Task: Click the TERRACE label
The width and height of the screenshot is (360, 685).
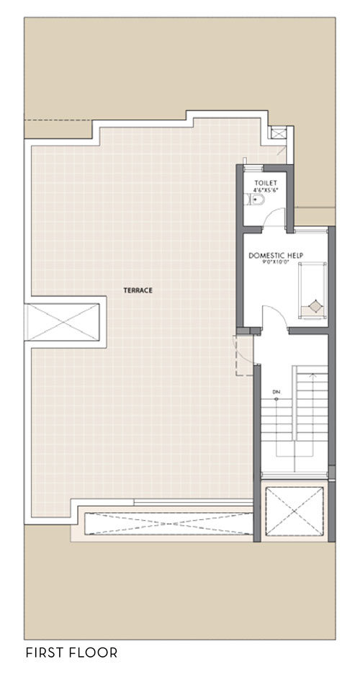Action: point(138,290)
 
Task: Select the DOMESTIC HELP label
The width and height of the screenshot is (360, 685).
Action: point(276,255)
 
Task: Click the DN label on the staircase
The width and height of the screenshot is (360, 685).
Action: point(276,392)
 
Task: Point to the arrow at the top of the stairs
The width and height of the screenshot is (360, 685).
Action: point(312,375)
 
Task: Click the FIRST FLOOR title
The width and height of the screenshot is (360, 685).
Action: point(72,653)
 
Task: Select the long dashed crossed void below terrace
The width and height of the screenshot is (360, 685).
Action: point(168,524)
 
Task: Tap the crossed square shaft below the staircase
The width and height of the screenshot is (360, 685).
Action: point(294,511)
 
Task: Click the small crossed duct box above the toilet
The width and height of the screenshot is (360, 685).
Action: point(278,133)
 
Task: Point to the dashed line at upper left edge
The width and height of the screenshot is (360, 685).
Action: point(58,120)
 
